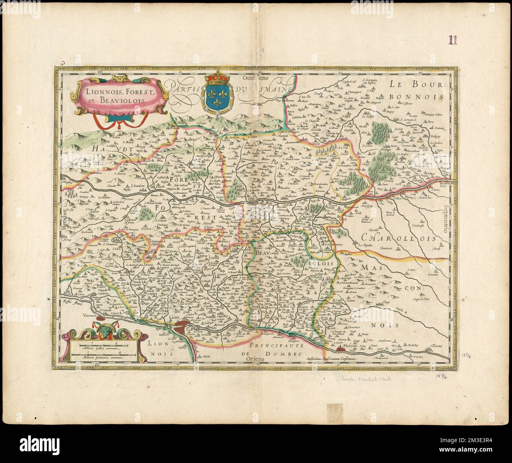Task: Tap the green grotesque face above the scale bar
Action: point(104,331)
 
